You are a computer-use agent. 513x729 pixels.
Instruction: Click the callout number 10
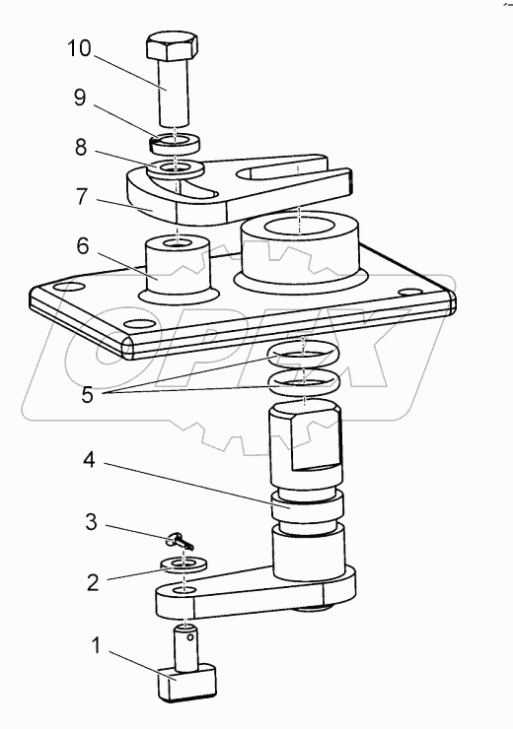[x=79, y=48]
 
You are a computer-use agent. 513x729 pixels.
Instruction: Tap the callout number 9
[x=80, y=98]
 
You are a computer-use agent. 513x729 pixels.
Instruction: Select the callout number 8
[x=81, y=148]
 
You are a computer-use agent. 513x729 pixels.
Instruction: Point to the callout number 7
[x=82, y=197]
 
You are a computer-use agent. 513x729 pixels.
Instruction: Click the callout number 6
[x=83, y=246]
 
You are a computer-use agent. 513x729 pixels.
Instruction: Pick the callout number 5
[x=87, y=395]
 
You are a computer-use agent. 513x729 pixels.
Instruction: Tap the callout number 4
[x=89, y=460]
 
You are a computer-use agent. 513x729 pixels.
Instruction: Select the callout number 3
[x=91, y=522]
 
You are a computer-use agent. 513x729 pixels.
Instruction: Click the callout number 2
[x=93, y=582]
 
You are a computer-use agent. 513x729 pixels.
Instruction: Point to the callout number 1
[x=96, y=646]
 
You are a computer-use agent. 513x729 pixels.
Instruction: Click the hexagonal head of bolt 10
[x=172, y=45]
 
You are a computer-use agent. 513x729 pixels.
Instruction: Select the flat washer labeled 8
[x=175, y=168]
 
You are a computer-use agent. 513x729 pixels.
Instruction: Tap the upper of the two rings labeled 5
[x=304, y=355]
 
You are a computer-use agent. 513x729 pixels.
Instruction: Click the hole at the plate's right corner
[x=410, y=292]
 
